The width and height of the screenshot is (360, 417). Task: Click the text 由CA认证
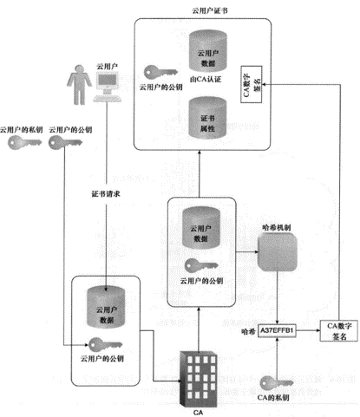click(208, 79)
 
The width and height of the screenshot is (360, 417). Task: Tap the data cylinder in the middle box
click(199, 228)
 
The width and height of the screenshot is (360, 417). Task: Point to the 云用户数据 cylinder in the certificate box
click(208, 50)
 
